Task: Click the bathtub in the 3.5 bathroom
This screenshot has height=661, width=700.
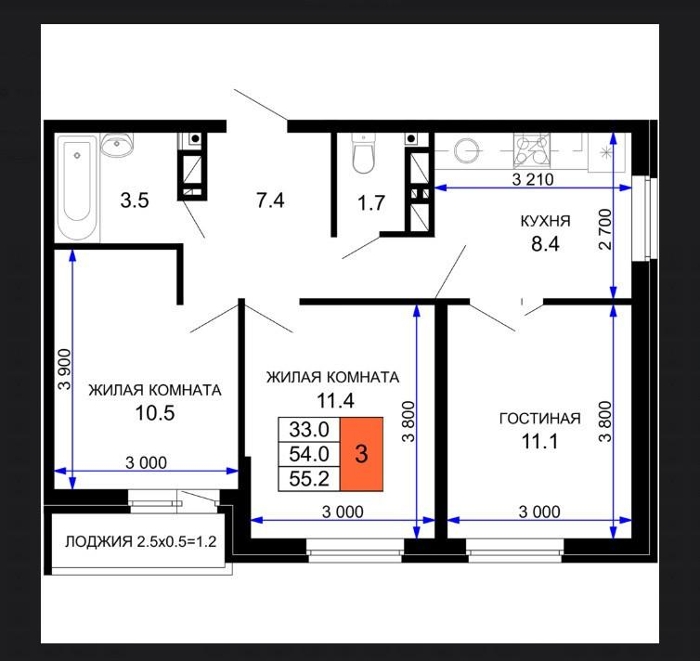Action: click(77, 188)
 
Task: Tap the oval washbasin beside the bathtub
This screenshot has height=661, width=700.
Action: click(117, 144)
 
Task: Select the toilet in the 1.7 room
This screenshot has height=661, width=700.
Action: click(362, 153)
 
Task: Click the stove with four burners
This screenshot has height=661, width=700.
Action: click(531, 150)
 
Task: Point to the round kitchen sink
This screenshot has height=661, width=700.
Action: click(467, 150)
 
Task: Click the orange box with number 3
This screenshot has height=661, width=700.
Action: click(361, 454)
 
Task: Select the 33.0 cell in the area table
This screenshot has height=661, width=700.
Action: click(309, 429)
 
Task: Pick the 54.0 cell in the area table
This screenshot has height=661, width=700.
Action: click(309, 454)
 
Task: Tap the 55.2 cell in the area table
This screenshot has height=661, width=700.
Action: click(309, 479)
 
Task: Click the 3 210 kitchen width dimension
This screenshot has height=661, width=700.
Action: click(533, 179)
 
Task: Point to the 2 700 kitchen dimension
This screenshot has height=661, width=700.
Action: click(605, 229)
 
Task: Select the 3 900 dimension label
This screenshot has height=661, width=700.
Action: click(65, 369)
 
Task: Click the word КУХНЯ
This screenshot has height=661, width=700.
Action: click(546, 221)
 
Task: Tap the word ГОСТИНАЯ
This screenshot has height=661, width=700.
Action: click(539, 419)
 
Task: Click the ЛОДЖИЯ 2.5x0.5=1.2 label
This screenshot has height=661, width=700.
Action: click(140, 542)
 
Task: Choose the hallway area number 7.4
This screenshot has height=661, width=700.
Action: click(270, 200)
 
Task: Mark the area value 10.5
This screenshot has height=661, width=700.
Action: click(154, 413)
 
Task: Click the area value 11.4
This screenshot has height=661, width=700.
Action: click(335, 400)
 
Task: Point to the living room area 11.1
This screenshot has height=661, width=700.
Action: click(539, 441)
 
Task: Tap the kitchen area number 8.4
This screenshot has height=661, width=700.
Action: click(545, 243)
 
